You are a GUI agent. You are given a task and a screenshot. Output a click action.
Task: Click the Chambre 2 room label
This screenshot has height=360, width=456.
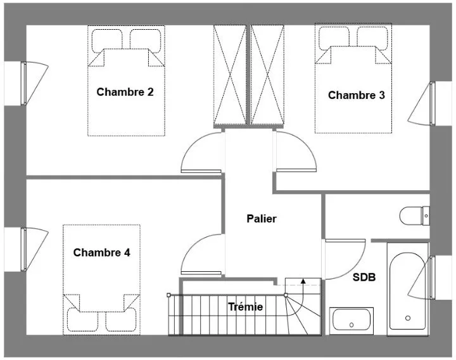[125, 92]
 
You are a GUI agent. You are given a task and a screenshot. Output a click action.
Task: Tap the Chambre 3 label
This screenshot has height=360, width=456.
[356, 95]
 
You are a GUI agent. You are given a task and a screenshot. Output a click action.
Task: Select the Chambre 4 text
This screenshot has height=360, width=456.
[101, 252]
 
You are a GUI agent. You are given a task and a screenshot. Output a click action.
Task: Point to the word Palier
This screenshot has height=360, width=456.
[262, 219]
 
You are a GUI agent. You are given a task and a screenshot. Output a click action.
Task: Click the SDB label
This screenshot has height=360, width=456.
[364, 278]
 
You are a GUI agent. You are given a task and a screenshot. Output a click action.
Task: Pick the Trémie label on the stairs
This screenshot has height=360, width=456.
[246, 307]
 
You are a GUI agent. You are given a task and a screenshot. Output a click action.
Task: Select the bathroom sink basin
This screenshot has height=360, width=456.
[351, 319]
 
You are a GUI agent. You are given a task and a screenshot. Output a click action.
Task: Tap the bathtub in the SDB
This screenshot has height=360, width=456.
[408, 289]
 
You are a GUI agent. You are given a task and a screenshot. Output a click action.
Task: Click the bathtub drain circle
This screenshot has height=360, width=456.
[408, 318]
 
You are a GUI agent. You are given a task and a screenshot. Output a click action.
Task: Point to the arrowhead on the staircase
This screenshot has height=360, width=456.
[303, 281]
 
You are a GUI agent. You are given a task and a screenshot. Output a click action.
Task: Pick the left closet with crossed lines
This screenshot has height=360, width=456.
[230, 75]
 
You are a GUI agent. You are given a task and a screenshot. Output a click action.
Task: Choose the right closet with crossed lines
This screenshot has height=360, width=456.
[267, 75]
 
